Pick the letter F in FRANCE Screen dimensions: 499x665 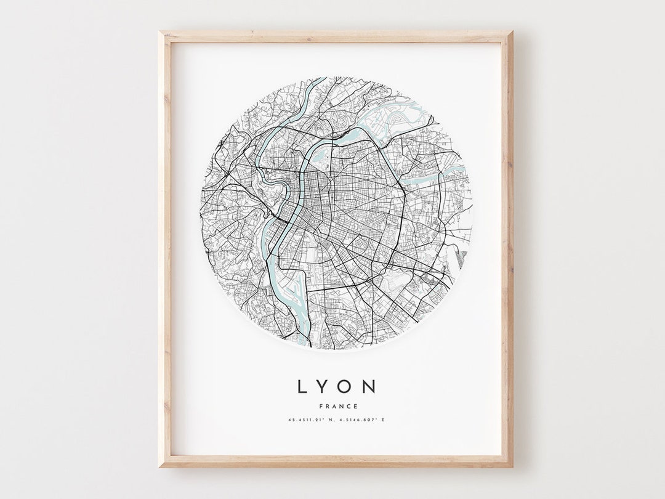tap(322, 405)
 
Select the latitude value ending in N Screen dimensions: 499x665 tap(314, 420)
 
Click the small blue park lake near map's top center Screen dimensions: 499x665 tap(320, 158)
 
